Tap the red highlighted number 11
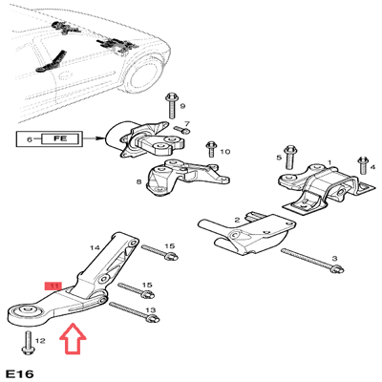(53, 285)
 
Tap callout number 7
(187, 124)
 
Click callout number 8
(139, 181)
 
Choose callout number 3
(334, 259)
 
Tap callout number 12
(39, 340)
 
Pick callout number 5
(279, 157)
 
